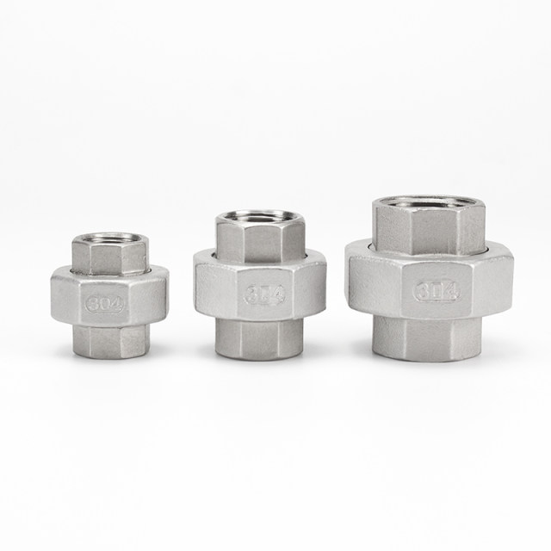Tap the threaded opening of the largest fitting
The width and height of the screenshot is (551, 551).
click(428, 204)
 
